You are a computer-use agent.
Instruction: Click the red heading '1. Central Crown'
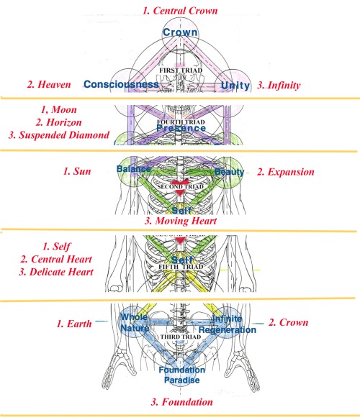[x=180, y=11]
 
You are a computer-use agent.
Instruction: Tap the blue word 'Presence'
[x=180, y=130]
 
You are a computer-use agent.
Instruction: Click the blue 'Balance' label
[x=134, y=169]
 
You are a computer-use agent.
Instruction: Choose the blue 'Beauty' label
[x=229, y=172]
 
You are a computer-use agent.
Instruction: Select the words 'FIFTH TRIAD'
[x=180, y=270]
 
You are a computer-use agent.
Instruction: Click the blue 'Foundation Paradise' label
[x=180, y=374]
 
